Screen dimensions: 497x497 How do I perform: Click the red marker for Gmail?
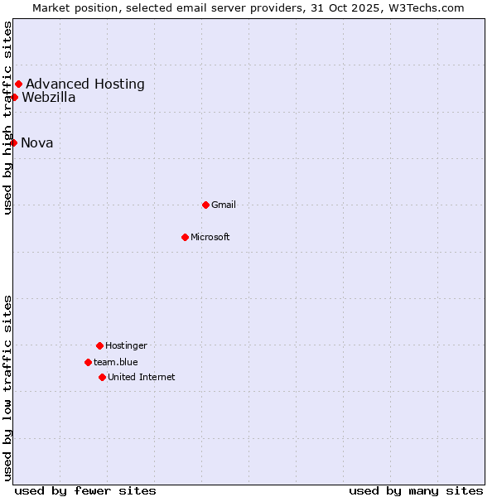205,205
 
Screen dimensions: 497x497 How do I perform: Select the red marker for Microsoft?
185,237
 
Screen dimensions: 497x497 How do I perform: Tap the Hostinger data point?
99,345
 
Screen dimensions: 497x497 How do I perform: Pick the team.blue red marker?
88,362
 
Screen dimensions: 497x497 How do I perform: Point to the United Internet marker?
102,377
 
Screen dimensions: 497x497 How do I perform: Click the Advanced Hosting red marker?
18,84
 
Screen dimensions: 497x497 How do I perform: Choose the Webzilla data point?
14,97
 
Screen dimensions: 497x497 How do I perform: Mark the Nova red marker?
13,142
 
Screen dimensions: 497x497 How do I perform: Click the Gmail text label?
224,205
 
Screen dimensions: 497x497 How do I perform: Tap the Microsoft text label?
210,237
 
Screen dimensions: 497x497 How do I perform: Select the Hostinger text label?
126,345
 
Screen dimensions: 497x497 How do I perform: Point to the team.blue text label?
116,362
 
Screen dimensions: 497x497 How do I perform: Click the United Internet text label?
142,377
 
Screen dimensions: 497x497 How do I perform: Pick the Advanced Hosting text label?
85,84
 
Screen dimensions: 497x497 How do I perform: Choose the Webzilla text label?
49,97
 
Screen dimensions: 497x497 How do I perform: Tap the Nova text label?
37,142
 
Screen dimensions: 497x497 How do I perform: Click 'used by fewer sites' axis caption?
85,490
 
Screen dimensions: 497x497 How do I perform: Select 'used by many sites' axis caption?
416,490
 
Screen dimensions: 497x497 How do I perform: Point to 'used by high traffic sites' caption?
8,118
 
